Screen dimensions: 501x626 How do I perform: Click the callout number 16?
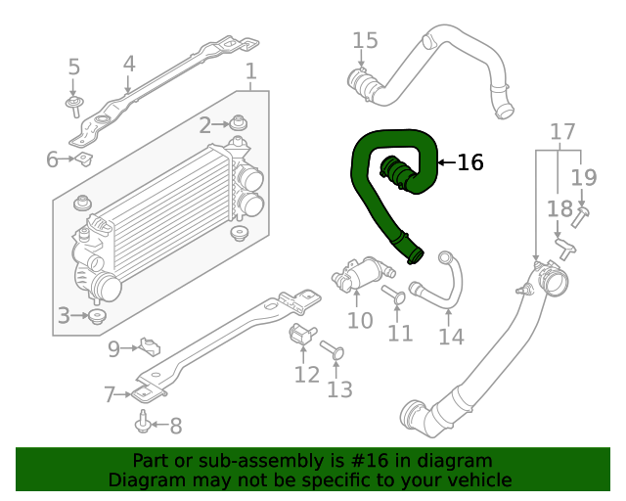[x=470, y=162]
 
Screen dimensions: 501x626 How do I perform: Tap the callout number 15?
[x=365, y=40]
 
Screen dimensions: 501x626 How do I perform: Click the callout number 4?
[x=129, y=64]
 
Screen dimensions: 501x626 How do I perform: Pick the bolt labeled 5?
[x=73, y=103]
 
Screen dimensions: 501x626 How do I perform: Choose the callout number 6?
[x=53, y=159]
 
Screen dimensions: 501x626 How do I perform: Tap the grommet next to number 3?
[x=97, y=316]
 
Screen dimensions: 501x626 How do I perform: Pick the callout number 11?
[x=399, y=333]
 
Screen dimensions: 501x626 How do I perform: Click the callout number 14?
[x=451, y=337]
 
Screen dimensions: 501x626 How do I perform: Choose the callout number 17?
[x=562, y=132]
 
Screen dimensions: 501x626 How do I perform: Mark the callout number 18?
[x=559, y=208]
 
